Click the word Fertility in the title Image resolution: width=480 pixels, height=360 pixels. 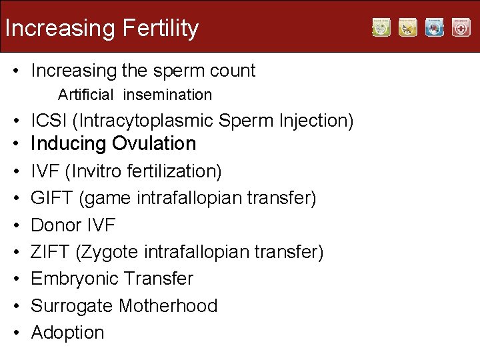161,28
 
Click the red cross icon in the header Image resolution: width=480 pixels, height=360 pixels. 461,28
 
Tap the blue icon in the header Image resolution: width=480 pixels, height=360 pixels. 435,28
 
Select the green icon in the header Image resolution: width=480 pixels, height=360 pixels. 381,28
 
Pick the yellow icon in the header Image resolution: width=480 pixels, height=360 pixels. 408,28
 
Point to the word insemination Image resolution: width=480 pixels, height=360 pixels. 167,95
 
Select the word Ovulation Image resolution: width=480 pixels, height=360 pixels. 154,143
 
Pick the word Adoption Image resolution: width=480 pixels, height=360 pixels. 67,332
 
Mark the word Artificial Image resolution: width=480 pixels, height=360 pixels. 86,95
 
